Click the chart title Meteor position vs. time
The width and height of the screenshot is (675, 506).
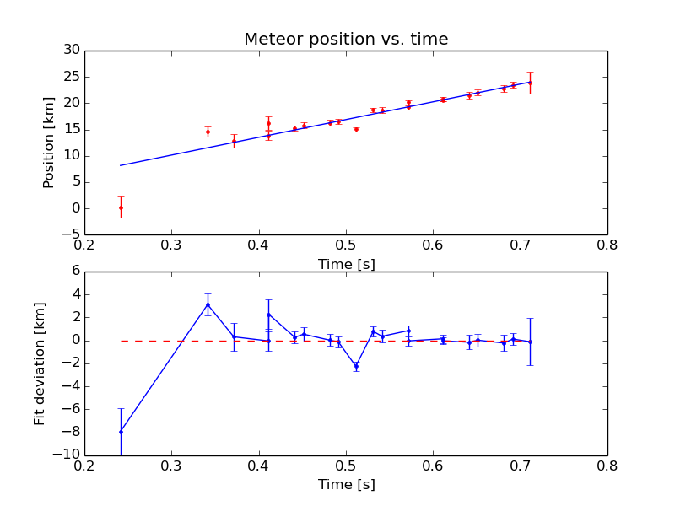346,40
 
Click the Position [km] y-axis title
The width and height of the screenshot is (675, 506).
49,143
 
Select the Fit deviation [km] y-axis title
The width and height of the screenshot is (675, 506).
40,363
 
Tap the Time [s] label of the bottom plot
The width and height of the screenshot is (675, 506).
346,485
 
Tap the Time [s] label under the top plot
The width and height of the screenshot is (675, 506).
346,264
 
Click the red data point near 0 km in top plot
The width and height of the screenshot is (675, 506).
121,207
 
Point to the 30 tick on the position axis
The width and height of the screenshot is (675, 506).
71,51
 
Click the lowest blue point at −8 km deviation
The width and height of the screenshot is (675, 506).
121,432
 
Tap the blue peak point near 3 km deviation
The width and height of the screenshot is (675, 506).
208,304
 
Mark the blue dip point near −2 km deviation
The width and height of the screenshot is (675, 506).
356,366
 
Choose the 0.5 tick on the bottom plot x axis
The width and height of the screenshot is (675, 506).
346,465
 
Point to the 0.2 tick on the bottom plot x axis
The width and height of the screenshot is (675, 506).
84,465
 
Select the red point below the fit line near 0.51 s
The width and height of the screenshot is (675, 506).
356,130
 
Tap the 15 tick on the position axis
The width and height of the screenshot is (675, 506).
71,129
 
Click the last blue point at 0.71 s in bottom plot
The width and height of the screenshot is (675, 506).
530,342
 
